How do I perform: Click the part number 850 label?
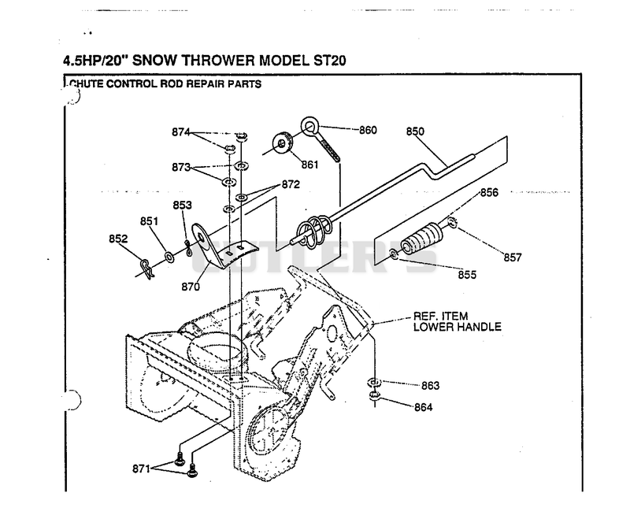(x=415, y=132)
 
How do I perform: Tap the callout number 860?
(x=368, y=130)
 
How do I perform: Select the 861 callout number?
(x=309, y=165)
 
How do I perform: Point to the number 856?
(x=489, y=193)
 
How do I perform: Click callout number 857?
(x=513, y=257)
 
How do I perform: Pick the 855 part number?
(x=467, y=275)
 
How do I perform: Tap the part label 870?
(x=191, y=287)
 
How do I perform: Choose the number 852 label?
(x=118, y=239)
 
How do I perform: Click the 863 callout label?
(x=430, y=386)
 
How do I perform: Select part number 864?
(x=424, y=407)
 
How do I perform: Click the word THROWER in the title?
(x=218, y=61)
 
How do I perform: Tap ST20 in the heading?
(x=329, y=61)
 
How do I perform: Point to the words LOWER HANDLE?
(x=458, y=327)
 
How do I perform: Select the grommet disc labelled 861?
(x=283, y=143)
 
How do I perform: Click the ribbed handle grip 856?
(x=422, y=238)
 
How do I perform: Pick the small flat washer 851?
(x=169, y=256)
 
